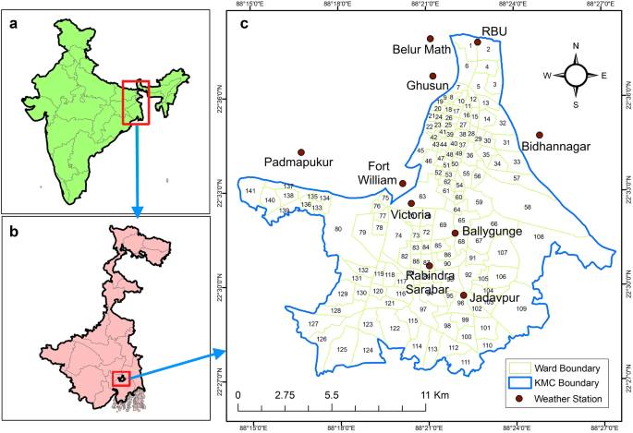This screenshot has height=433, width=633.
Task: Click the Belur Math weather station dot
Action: [430, 39]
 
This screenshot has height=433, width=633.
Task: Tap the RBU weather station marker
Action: [478, 42]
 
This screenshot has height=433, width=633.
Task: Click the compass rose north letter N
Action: [576, 46]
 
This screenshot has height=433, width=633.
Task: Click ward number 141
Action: [250, 191]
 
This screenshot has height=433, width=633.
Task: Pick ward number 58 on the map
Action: [528, 208]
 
